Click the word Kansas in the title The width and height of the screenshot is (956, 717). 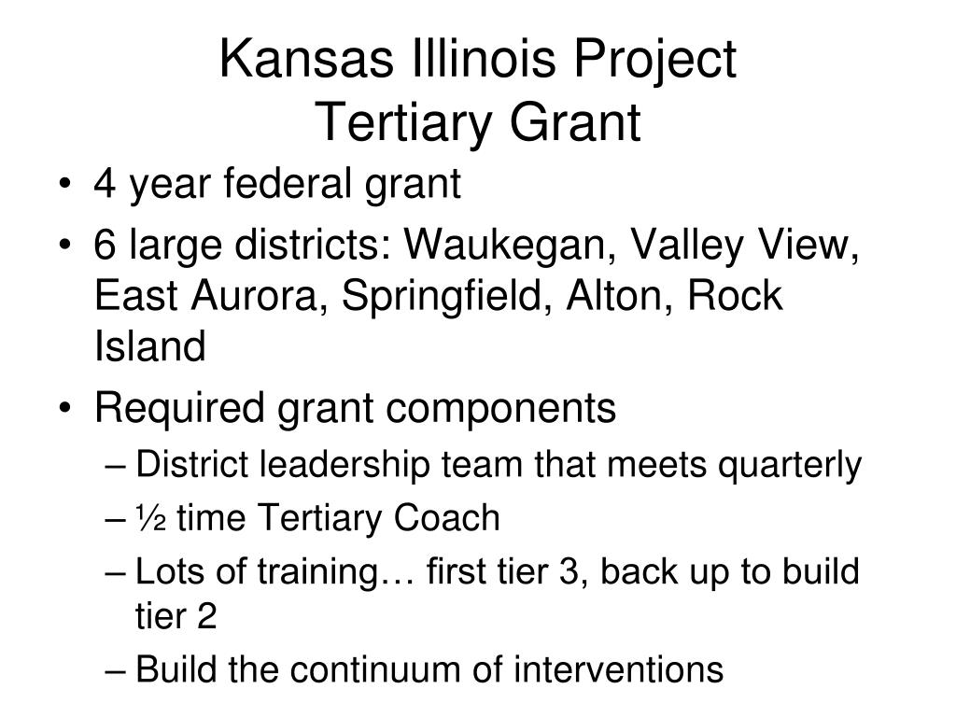point(306,59)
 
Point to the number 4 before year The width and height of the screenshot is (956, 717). point(105,183)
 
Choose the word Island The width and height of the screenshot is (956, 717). point(150,345)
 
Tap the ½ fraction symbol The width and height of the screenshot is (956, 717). point(150,518)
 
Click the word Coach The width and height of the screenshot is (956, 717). point(446,518)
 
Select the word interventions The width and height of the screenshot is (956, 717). point(618,668)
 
